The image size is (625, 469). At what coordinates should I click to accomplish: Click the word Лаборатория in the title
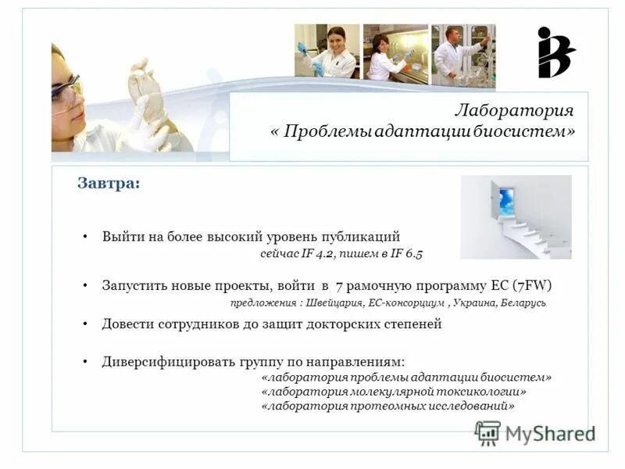pos(514,110)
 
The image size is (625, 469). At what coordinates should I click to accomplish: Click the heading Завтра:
pos(109,183)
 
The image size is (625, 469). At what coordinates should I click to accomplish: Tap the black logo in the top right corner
pos(555,52)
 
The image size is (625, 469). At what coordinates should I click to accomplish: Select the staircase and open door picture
pos(516,217)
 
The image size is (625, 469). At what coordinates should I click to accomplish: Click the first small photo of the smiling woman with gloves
pos(327,51)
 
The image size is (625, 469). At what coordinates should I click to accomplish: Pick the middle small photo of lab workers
pos(395,52)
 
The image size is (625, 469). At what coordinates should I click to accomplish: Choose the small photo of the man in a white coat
pos(463,51)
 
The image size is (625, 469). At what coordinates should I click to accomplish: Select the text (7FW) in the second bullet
pos(537,285)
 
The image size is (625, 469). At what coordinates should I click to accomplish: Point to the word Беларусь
pos(521,303)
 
